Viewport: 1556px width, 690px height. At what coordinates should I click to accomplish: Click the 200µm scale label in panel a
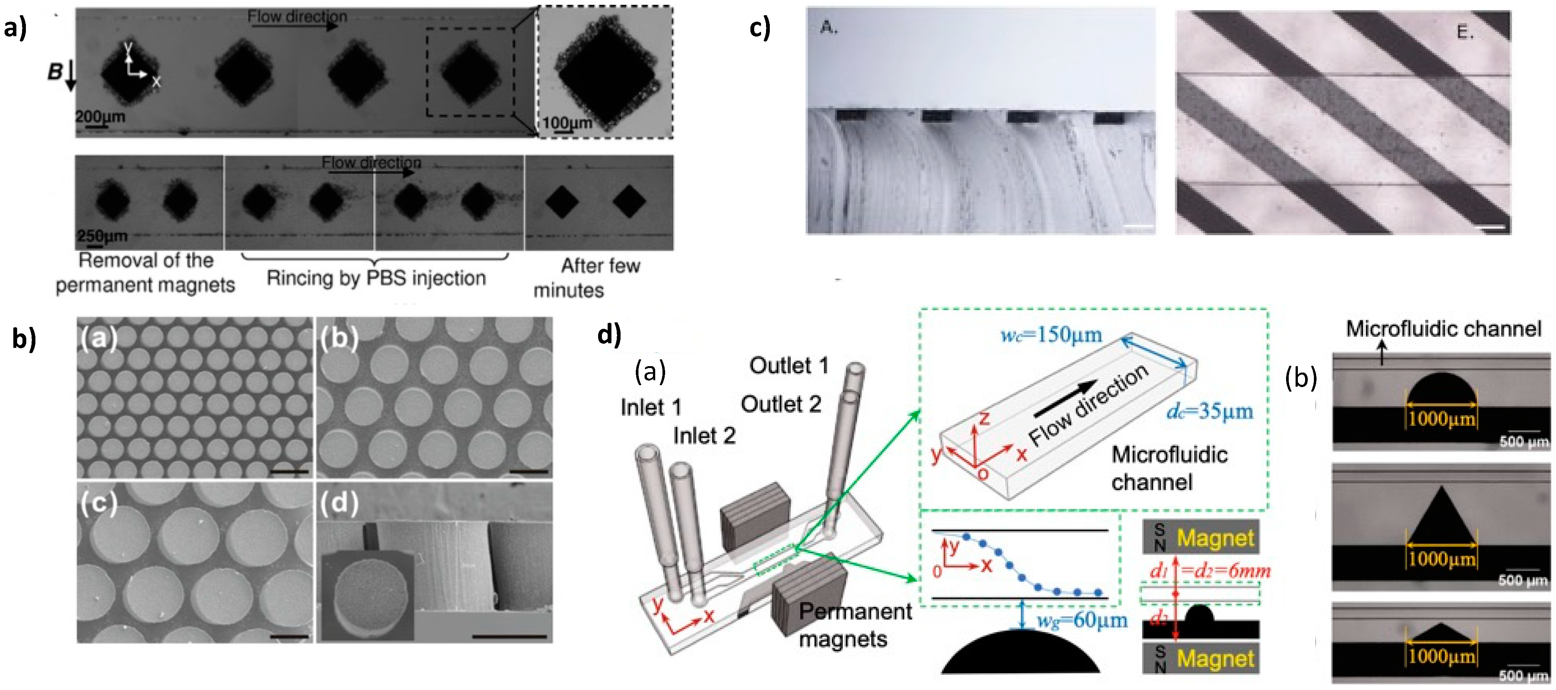pyautogui.click(x=100, y=116)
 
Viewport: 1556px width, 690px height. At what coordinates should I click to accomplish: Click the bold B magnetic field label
pyautogui.click(x=55, y=72)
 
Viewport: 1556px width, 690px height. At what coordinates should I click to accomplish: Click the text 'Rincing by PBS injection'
pyautogui.click(x=376, y=278)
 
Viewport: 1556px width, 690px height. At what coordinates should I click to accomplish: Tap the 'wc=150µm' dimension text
pyautogui.click(x=1051, y=335)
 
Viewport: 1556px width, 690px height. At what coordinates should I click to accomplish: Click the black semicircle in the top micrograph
pyautogui.click(x=1441, y=389)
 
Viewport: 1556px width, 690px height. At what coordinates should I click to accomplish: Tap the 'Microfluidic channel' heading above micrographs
pyautogui.click(x=1443, y=328)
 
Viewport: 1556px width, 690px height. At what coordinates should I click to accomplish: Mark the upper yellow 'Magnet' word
pyautogui.click(x=1215, y=537)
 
